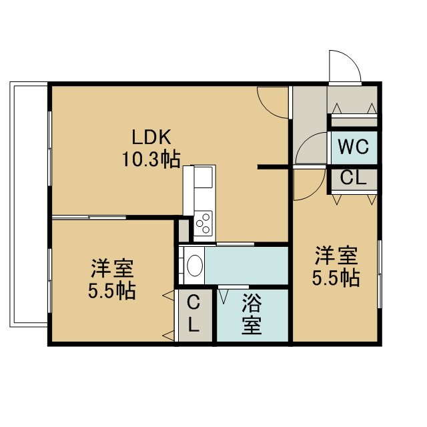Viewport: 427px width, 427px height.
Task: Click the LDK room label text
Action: [x=151, y=137]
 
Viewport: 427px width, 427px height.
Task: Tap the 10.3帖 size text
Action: [x=151, y=159]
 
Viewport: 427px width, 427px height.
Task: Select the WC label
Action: [x=354, y=147]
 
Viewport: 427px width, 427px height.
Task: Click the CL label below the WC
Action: [x=353, y=178]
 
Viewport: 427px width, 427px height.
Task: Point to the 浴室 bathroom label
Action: [x=252, y=314]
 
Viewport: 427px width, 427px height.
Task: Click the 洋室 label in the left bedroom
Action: [x=112, y=268]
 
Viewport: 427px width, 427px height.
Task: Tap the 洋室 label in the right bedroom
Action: [x=336, y=256]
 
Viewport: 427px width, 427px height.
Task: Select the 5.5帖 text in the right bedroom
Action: [x=336, y=278]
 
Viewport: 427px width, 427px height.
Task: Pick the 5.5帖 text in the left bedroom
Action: [x=112, y=292]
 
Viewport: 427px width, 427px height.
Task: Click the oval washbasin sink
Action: [x=195, y=266]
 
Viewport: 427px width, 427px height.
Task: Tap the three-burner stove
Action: [x=203, y=224]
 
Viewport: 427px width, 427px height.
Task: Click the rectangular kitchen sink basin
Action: [x=203, y=177]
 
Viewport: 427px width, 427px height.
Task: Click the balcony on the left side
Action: [x=29, y=204]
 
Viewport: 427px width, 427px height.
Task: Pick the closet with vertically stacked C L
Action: [x=195, y=315]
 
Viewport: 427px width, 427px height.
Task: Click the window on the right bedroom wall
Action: [x=380, y=274]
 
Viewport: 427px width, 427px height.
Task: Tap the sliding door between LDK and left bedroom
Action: [x=89, y=218]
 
